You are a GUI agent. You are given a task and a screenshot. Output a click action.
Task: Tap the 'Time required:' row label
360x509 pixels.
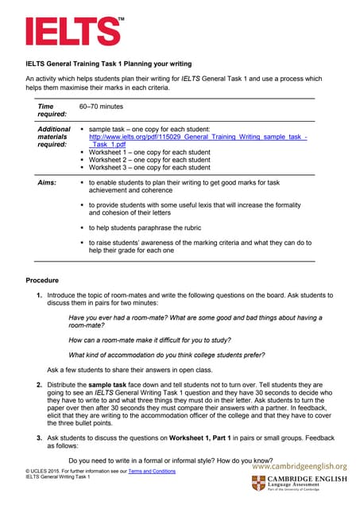[x=47, y=110]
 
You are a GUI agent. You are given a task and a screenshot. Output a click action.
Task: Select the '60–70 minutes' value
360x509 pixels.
[x=101, y=106]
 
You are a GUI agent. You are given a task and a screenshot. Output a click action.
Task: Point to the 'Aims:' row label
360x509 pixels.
[x=47, y=183]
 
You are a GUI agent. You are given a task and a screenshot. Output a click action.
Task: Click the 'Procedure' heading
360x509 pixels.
[x=43, y=281]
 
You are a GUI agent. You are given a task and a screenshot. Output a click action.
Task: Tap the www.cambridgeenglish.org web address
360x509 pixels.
[x=300, y=466]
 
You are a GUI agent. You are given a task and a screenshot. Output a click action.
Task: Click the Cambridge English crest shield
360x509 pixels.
[x=259, y=484]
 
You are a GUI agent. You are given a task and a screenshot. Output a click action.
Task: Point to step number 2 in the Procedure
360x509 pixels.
[x=39, y=384]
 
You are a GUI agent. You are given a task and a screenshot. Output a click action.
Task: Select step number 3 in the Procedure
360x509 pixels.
[x=39, y=438]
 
